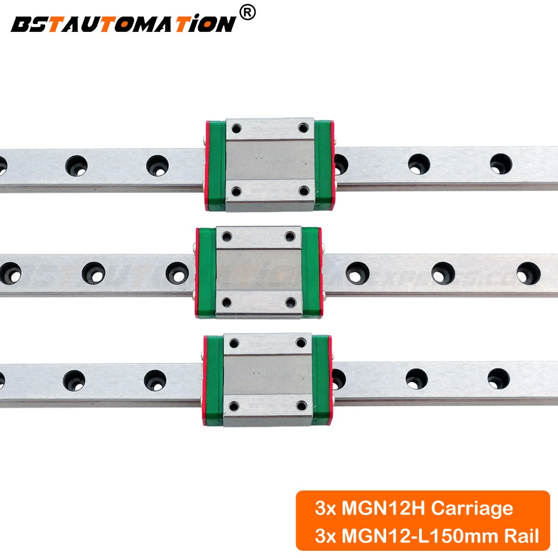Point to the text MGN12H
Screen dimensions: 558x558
pos(372,508)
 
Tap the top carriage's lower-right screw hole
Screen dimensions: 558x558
pos(303,193)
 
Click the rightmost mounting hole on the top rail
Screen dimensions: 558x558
pos(501,163)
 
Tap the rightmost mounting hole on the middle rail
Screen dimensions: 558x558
pos(527,272)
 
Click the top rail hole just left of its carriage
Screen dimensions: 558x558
pos(157,165)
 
